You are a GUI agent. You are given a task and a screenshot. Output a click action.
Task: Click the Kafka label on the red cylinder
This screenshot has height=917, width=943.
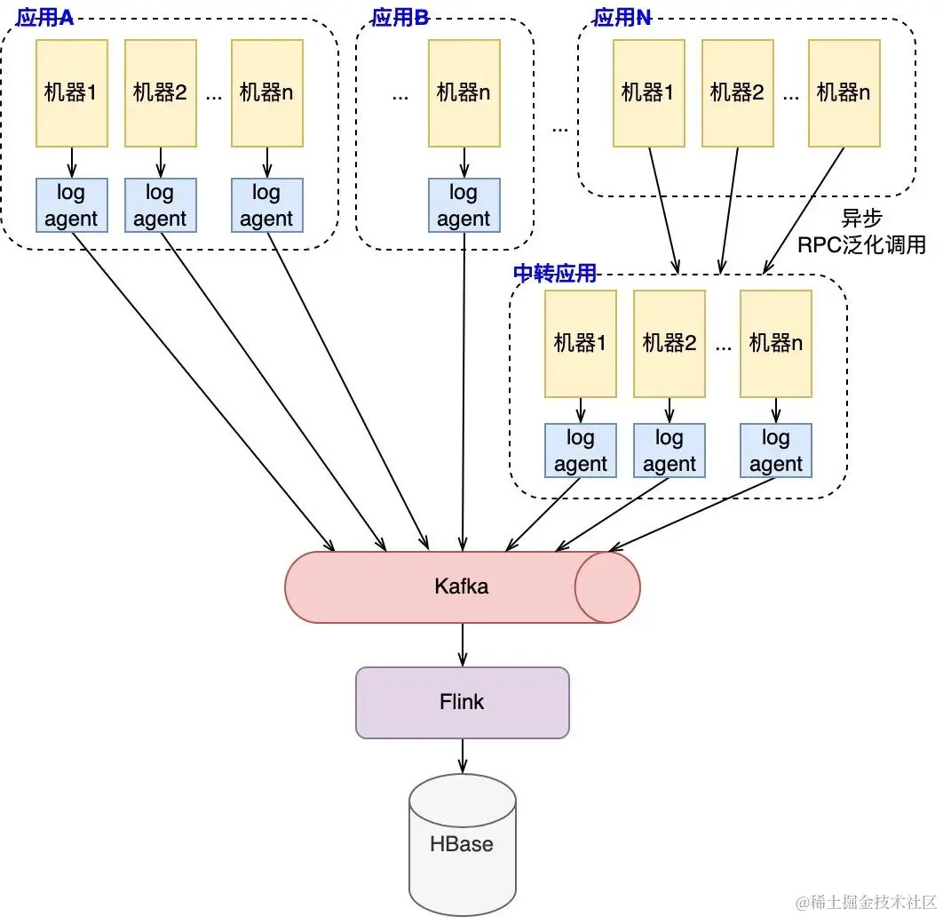coord(461,586)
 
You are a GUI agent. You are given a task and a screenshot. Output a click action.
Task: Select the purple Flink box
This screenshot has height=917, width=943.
coord(462,702)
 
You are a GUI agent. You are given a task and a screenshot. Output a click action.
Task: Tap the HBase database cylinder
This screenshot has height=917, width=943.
coord(462,844)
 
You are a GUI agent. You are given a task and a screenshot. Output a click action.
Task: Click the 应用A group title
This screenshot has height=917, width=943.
coord(44,18)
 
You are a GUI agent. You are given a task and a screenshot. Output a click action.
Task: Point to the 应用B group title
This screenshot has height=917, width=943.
coord(400,18)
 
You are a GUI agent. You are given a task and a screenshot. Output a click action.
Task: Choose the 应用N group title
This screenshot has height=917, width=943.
coord(622,18)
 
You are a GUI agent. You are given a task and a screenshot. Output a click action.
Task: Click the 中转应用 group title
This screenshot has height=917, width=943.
coord(554,273)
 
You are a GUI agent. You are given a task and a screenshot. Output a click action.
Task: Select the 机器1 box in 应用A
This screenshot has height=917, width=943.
coord(72,93)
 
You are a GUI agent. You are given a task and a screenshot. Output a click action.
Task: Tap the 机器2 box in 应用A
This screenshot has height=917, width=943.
coord(161,93)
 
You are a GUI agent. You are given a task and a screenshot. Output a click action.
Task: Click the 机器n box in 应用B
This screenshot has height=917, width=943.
coord(464,93)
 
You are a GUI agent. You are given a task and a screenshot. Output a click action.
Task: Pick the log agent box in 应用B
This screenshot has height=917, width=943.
coord(464,205)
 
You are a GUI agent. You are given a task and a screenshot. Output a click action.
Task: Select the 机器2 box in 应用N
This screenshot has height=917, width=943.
coord(738,93)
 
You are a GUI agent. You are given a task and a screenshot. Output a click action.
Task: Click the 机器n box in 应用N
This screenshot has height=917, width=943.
coord(844,93)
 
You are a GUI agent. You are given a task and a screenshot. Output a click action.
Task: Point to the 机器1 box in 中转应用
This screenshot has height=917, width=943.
coord(581,344)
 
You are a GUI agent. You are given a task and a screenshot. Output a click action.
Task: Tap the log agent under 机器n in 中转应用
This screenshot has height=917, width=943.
coord(776,451)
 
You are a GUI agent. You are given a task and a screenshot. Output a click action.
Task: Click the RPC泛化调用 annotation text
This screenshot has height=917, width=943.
coord(861,244)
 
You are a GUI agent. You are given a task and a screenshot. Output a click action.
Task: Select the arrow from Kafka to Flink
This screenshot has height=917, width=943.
coord(463,644)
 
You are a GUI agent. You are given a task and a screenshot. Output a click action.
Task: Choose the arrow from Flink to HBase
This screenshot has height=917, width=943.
coord(463,756)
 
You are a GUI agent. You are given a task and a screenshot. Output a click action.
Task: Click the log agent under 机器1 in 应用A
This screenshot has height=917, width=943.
coord(72,205)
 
